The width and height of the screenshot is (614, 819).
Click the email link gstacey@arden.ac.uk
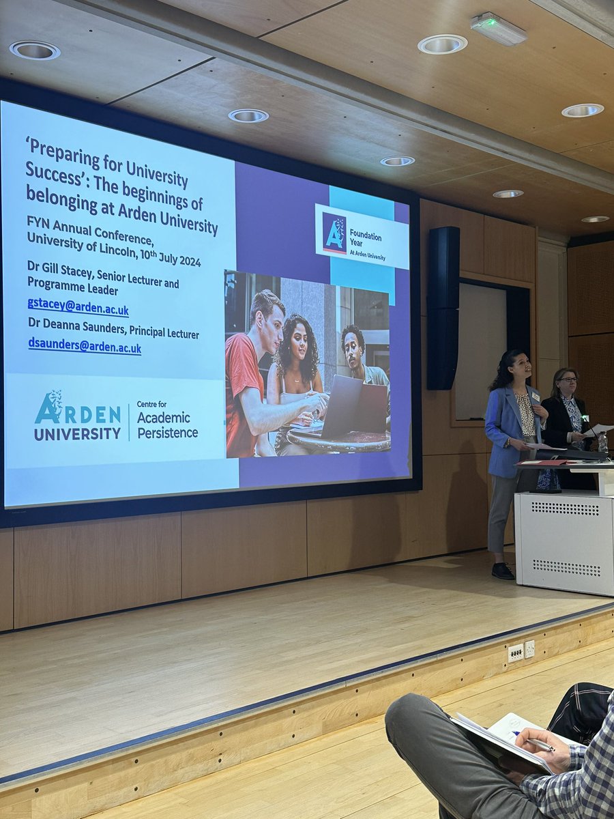[78, 308]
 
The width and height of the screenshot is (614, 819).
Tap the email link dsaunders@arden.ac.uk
[85, 346]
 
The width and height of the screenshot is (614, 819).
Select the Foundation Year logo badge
[362, 236]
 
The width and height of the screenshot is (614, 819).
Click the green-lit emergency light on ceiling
[499, 28]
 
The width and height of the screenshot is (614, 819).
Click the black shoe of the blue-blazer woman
[503, 571]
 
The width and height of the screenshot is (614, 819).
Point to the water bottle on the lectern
[602, 442]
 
